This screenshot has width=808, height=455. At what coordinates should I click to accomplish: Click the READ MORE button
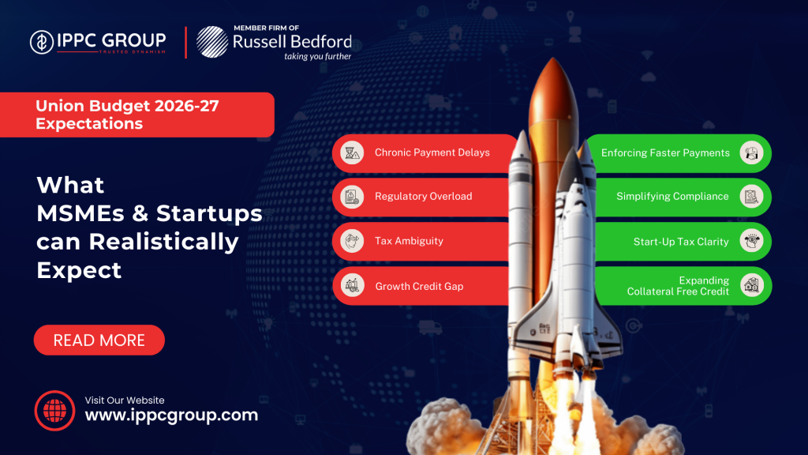[x=99, y=340]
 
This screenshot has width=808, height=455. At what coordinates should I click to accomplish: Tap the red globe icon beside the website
[x=54, y=411]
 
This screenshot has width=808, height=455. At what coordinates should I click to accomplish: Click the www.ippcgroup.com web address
[x=171, y=416]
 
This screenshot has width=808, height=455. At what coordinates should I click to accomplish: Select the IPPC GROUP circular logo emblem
[x=42, y=42]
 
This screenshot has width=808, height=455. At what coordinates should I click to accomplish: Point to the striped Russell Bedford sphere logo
[x=212, y=42]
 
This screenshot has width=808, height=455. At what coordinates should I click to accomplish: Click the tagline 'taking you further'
[x=317, y=56]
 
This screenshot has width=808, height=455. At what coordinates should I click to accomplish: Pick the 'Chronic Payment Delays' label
[x=432, y=152]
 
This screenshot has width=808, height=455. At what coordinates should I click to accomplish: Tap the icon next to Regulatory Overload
[x=352, y=197]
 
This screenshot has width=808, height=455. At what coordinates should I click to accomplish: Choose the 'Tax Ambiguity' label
[x=410, y=241]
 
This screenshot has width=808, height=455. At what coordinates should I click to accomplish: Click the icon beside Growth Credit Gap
[x=353, y=285]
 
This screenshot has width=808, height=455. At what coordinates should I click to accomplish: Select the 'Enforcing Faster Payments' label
[x=665, y=153]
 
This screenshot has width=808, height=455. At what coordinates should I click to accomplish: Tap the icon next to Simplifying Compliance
[x=751, y=197]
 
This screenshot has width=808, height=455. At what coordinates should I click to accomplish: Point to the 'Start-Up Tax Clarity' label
[x=681, y=242]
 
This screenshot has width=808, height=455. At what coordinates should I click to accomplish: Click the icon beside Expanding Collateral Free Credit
[x=752, y=285]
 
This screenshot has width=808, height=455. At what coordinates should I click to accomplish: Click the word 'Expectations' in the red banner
[x=89, y=124]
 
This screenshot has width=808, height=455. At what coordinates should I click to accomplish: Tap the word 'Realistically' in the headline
[x=164, y=243]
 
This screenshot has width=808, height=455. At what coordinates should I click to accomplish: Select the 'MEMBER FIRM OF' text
[x=267, y=28]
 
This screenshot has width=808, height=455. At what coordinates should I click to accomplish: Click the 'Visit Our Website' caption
[x=125, y=400]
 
